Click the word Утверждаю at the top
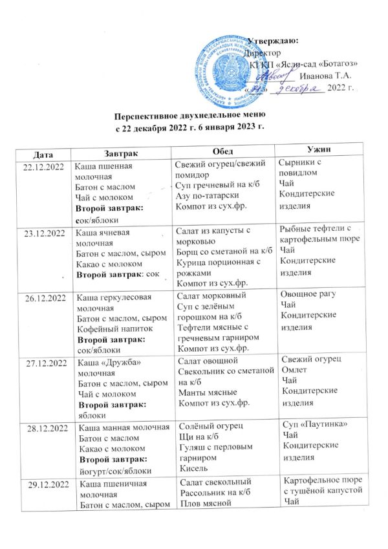(272, 41)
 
